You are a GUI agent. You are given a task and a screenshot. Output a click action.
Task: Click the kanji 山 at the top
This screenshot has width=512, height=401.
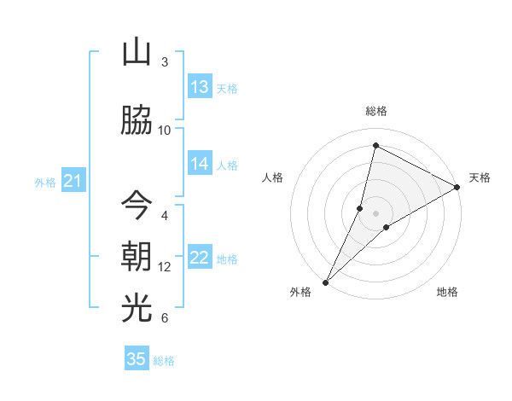click(137, 52)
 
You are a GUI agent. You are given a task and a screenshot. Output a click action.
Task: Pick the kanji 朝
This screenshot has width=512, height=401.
click(137, 256)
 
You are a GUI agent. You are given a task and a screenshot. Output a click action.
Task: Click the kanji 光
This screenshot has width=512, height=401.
click(137, 308)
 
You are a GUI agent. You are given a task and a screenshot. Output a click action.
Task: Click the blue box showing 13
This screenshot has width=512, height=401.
click(200, 86)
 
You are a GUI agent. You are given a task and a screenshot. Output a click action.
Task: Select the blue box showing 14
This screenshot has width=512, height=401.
click(200, 164)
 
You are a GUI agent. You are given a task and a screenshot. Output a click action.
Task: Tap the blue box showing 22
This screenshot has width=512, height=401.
click(200, 259)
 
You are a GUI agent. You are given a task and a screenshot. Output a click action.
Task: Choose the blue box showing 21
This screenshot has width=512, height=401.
click(73, 181)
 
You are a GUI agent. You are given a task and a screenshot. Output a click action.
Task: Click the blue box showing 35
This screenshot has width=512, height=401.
click(137, 359)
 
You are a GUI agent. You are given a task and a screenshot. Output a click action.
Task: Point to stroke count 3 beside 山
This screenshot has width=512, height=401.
click(165, 62)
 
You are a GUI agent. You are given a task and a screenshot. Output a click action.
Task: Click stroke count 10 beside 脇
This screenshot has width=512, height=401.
click(165, 130)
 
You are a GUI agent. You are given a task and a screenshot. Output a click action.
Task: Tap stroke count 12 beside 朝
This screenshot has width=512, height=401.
click(165, 267)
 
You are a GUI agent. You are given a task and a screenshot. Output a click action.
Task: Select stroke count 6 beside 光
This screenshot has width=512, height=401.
click(165, 318)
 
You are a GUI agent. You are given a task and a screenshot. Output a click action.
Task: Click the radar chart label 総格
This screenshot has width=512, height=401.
click(375, 111)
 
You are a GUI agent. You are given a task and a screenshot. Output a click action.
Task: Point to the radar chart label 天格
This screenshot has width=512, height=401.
click(480, 177)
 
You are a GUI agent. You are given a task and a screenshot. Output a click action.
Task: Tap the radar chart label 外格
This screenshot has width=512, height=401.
click(300, 293)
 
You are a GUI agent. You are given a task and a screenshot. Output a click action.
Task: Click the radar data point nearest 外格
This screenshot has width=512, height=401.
click(325, 282)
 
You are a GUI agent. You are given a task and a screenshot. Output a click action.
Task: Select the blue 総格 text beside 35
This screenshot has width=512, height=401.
click(164, 361)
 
